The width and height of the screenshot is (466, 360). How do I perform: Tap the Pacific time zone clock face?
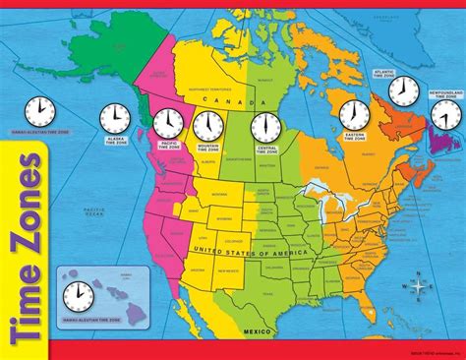167,123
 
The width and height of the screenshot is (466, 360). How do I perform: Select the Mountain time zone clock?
207,126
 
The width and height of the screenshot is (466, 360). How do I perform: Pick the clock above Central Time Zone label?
263,127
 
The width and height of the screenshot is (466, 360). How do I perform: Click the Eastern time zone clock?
354,114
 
